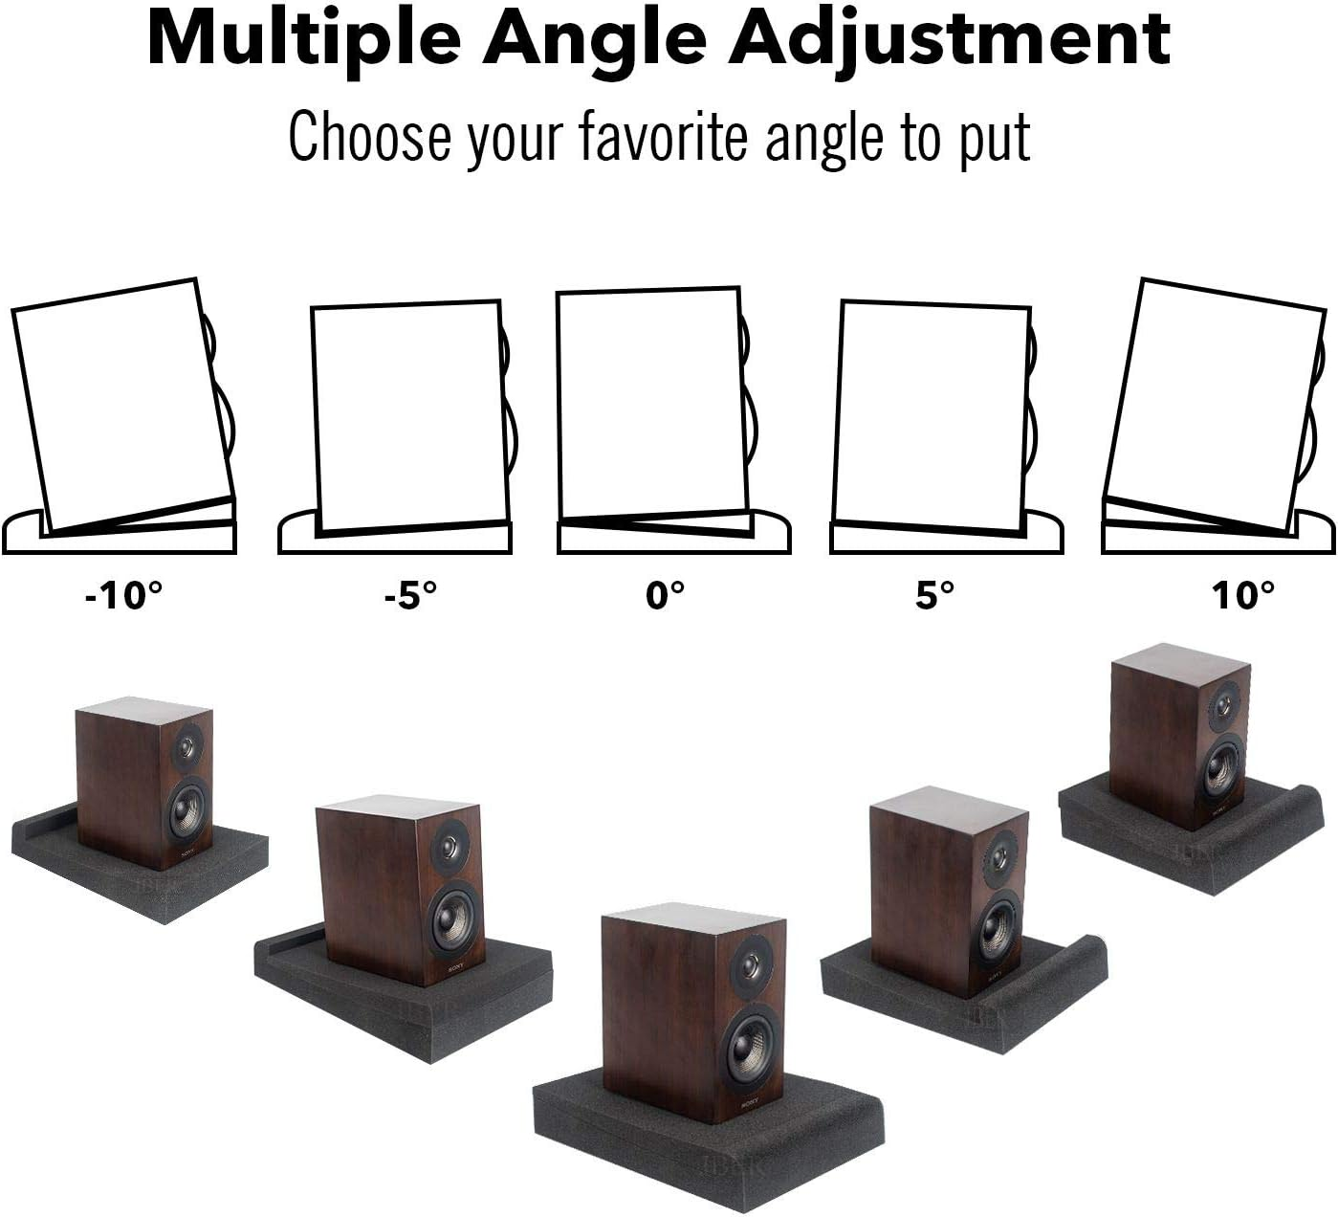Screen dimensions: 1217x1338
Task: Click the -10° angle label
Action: coord(123,596)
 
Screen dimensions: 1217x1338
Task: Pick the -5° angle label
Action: coord(410,596)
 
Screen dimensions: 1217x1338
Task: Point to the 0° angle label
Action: coord(666,596)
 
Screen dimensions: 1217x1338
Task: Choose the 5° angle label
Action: coord(935,596)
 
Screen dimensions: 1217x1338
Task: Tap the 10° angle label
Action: coord(1243,596)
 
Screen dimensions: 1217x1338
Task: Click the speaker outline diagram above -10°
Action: coord(124,407)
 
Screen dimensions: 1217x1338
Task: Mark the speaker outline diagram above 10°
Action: coord(1215,407)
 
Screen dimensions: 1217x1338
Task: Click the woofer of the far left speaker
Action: coord(188,809)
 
